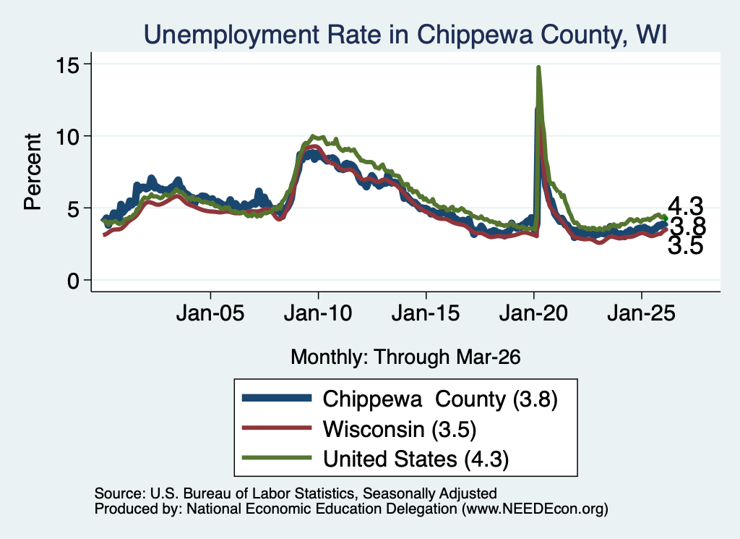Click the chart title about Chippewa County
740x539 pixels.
coord(405,35)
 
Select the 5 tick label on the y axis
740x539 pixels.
coord(73,208)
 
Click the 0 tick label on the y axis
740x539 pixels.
coord(73,281)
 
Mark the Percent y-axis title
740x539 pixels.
coord(33,171)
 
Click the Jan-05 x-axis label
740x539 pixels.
coord(210,313)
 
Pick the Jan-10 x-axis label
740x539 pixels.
coord(318,313)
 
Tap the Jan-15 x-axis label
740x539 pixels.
coord(426,313)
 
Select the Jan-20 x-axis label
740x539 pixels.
coord(533,313)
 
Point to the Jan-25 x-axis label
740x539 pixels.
coord(642,313)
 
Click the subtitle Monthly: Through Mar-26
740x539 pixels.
coord(405,357)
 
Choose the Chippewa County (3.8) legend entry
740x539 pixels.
coord(400,399)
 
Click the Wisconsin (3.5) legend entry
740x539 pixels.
coord(358,429)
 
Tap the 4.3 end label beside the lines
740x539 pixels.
coord(686,206)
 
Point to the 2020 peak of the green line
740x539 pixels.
coord(538,67)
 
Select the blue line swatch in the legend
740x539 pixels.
coord(277,398)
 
